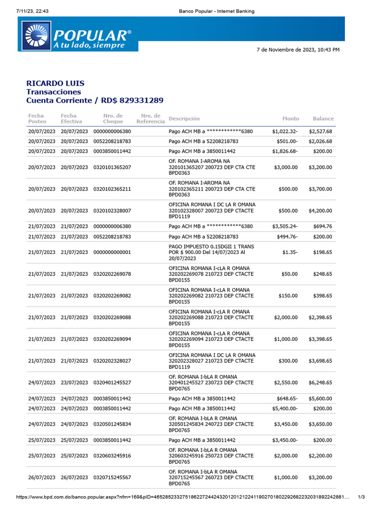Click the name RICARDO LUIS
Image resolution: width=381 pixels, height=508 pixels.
pos(55,83)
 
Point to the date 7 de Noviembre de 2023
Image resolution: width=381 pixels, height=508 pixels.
pos(298,50)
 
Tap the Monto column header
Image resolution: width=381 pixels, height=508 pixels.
pos(291,119)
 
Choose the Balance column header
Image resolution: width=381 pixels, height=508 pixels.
pos(323,119)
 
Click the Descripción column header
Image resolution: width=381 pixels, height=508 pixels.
pos(184,119)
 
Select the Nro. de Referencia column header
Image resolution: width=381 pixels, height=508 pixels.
pos(150,119)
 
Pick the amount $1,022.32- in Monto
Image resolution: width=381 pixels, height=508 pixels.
pos(285,131)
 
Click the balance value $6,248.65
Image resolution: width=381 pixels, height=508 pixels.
pos(320,383)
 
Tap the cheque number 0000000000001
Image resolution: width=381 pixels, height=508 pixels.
pos(112,253)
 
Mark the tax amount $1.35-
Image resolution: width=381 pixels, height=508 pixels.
pos(290,253)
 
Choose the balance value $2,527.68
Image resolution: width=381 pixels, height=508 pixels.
pos(320,131)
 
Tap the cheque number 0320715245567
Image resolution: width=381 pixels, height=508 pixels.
pos(112,477)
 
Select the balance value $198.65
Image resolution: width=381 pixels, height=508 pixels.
pos(322,253)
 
